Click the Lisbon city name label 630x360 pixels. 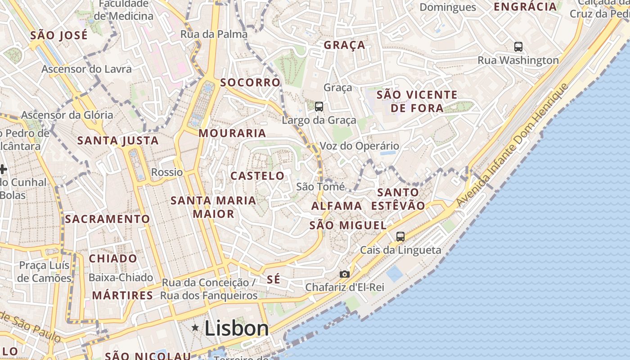point(237,328)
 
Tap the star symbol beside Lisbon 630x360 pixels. point(195,328)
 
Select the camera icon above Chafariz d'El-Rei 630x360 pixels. point(344,274)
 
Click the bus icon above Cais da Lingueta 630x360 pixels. point(400,236)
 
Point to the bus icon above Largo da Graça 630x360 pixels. point(319,107)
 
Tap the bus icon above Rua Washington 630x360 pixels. point(518,46)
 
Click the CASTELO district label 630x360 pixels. point(257,176)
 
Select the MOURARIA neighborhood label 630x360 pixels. point(232,133)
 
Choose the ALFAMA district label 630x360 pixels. point(337,206)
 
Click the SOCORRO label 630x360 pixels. point(250,83)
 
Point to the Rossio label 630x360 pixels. point(167,172)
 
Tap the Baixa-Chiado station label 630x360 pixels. point(121,278)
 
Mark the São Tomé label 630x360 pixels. point(321,187)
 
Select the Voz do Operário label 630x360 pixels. point(359,146)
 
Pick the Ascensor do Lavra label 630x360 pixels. point(86,69)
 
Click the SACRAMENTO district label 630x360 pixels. point(107,219)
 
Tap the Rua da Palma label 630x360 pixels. point(214,34)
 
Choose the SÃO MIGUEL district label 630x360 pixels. point(348,225)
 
